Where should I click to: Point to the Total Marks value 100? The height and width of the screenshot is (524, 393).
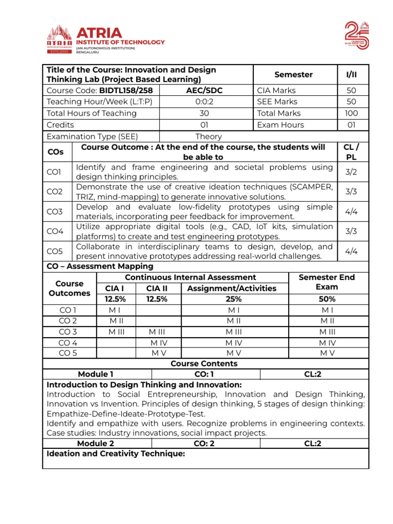tap(352, 113)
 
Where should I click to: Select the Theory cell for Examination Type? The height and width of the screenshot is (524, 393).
tap(208, 137)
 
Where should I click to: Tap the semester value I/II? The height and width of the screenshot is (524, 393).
tap(352, 75)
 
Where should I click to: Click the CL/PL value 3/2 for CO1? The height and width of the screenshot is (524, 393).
tap(351, 172)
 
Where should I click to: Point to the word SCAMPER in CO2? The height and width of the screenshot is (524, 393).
tap(311, 187)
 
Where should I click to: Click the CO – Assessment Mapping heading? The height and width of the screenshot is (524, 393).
tap(100, 266)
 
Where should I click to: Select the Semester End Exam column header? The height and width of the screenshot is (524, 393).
tap(326, 282)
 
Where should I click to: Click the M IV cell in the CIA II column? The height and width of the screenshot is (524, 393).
tap(158, 342)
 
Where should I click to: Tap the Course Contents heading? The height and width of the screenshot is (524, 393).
tap(204, 363)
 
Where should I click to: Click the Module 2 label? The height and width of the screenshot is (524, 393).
tap(96, 444)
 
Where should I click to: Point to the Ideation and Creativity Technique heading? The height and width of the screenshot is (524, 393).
tap(116, 454)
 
